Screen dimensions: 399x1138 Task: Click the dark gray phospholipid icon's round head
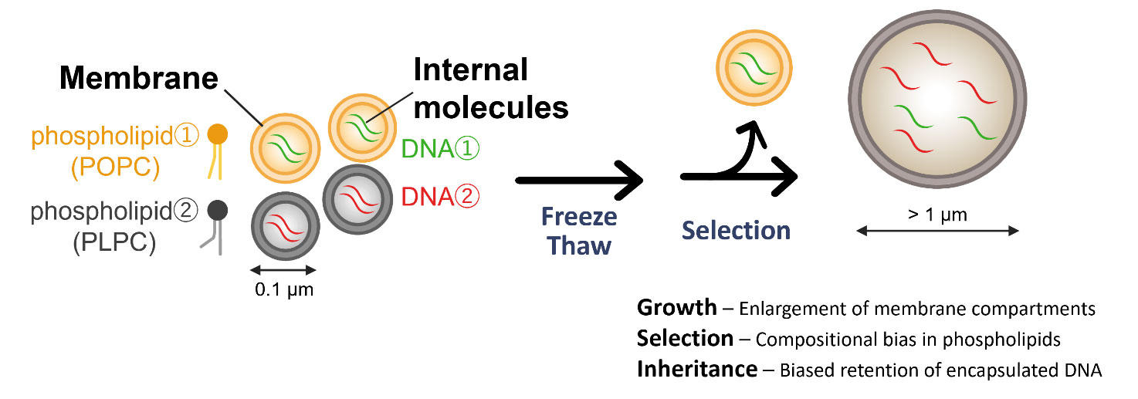pyautogui.click(x=218, y=208)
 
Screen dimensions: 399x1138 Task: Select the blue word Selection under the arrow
pyautogui.click(x=736, y=230)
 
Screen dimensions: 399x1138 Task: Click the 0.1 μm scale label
pyautogui.click(x=285, y=291)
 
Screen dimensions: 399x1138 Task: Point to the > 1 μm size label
pyautogui.click(x=938, y=215)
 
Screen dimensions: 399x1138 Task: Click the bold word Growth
pyautogui.click(x=676, y=308)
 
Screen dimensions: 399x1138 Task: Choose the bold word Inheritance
pyautogui.click(x=696, y=370)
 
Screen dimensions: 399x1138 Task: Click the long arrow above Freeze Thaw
pyautogui.click(x=578, y=180)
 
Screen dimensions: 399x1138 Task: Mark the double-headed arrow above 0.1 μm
pyautogui.click(x=285, y=270)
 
